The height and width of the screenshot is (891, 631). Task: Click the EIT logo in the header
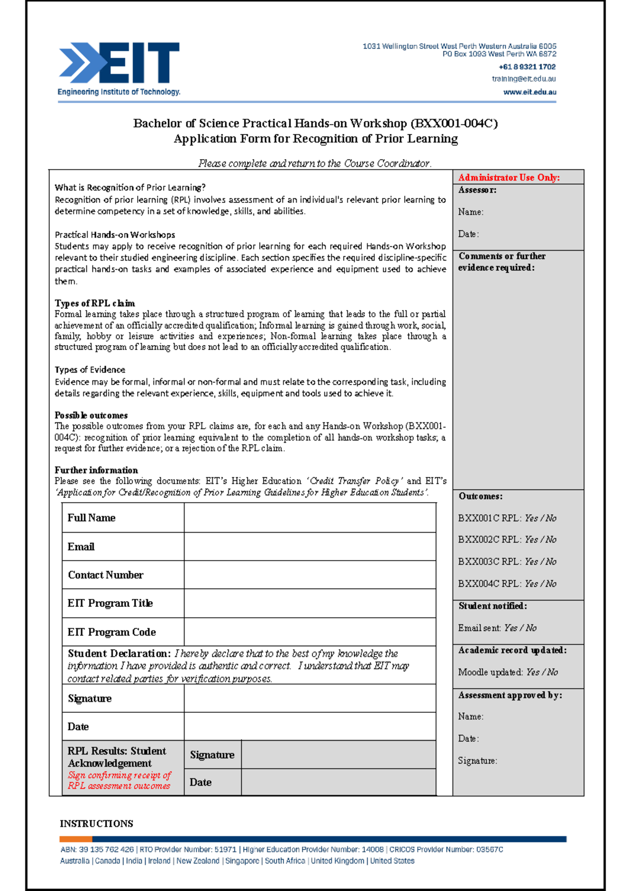(119, 68)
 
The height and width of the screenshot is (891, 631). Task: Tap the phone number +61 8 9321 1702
(527, 67)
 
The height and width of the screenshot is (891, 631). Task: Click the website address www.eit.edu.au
(530, 92)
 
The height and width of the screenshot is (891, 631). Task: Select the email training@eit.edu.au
(524, 79)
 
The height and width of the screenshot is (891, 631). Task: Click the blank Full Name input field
(310, 518)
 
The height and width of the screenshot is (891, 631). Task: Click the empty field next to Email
(310, 546)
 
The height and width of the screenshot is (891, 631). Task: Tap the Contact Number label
(105, 575)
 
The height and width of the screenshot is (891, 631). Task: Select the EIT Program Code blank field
(310, 632)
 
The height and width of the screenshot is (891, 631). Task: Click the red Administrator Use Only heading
(508, 178)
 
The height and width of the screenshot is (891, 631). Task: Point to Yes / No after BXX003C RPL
(540, 562)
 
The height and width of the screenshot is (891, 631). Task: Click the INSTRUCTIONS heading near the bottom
(96, 824)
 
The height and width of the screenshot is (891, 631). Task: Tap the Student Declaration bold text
(119, 654)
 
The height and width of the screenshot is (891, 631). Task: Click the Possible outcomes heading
(91, 415)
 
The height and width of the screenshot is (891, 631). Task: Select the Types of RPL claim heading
(95, 303)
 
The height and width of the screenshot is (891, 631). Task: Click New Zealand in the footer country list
(198, 861)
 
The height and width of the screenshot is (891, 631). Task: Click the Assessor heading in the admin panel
(477, 190)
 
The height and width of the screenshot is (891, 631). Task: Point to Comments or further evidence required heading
(501, 262)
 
